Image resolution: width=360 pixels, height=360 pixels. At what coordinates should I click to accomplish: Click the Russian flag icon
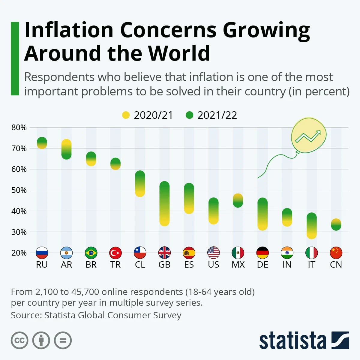pos(42,253)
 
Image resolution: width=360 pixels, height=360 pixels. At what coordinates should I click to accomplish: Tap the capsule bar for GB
pos(164,204)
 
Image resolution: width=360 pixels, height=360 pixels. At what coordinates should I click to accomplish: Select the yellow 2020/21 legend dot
pos(126,115)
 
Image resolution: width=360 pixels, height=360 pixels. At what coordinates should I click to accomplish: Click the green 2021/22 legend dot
pos(189,115)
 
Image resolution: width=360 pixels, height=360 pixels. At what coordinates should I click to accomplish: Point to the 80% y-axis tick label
pos(19,127)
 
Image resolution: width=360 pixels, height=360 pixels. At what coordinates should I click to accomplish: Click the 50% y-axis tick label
pos(19,190)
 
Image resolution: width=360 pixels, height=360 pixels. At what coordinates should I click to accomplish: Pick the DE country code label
pos(262,265)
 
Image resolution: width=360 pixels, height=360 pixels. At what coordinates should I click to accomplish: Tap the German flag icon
pos(262,253)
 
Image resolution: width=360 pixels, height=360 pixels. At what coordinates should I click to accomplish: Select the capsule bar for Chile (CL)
pos(140,184)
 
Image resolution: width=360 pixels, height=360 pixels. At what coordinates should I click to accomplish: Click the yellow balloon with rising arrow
pos(308,135)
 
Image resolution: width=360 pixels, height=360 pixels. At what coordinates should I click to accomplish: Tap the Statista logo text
pos(292,341)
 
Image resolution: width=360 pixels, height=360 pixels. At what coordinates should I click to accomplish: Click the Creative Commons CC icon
pos(19,340)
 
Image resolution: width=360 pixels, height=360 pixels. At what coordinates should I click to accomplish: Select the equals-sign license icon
pos(63,340)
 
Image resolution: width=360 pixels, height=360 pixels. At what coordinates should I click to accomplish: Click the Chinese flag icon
pos(336,253)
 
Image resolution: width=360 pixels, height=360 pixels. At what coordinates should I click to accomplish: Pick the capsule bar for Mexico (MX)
pos(238,200)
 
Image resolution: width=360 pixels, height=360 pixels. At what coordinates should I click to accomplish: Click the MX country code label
pos(238,265)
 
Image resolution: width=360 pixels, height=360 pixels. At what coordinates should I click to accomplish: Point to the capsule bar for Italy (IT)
pos(311,226)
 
